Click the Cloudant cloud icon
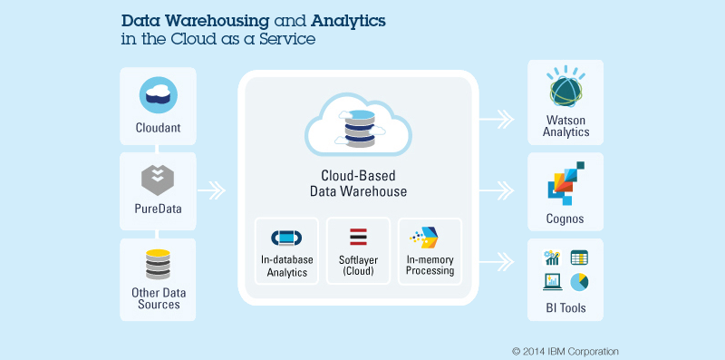click(x=158, y=95)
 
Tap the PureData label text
click(x=158, y=209)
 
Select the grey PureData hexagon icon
click(x=158, y=180)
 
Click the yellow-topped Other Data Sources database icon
click(x=158, y=264)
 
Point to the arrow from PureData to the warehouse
click(x=211, y=190)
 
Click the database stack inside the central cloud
click(x=359, y=129)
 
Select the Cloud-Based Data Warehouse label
click(x=358, y=183)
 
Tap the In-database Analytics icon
click(x=286, y=238)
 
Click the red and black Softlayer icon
click(x=358, y=237)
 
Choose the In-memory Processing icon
click(x=424, y=238)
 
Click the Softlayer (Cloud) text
click(x=358, y=265)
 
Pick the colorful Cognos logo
click(x=565, y=183)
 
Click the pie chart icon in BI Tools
click(x=579, y=282)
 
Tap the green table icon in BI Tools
click(x=579, y=258)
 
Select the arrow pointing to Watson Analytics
click(x=496, y=120)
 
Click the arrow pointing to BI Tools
click(x=496, y=262)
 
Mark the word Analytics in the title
click(x=348, y=21)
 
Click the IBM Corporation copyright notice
click(x=565, y=351)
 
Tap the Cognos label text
click(x=565, y=219)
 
